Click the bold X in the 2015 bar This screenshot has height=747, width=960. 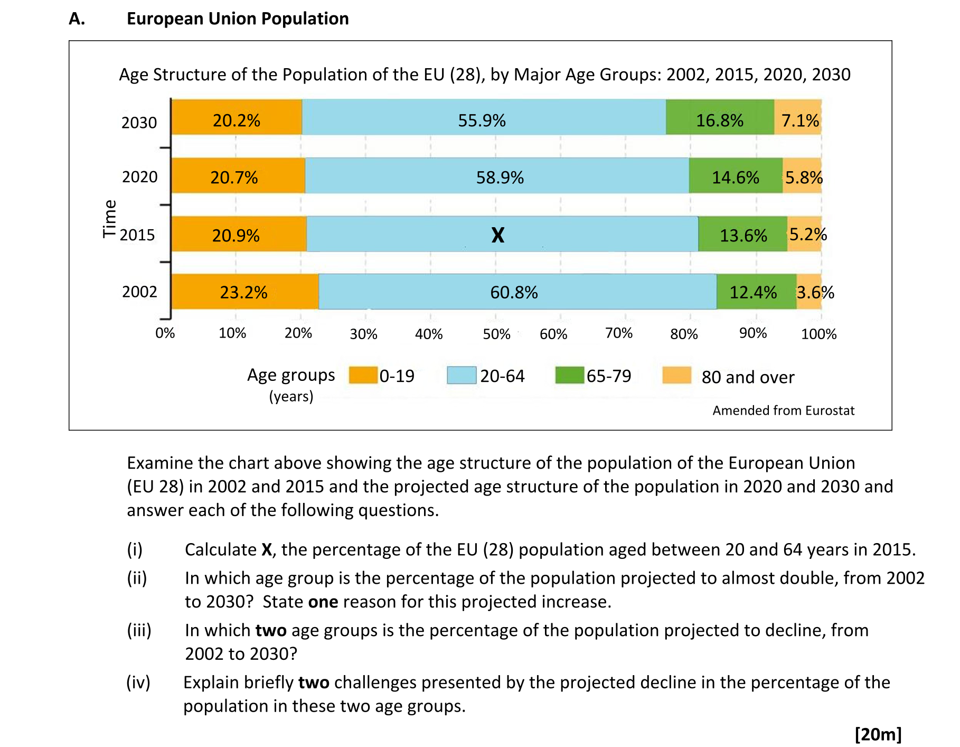(x=497, y=235)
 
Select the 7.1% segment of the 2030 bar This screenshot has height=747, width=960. (x=798, y=120)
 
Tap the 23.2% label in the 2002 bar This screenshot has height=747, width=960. (x=243, y=292)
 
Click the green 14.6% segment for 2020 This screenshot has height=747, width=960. (x=735, y=177)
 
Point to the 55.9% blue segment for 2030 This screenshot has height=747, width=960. (x=482, y=120)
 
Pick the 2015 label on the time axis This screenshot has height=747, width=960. (x=137, y=235)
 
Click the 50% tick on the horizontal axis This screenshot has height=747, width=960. (x=496, y=334)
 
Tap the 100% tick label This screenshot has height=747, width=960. (x=818, y=334)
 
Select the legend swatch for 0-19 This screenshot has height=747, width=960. (x=363, y=375)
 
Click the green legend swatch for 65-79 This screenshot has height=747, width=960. (x=569, y=375)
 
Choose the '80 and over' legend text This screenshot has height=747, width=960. (x=748, y=377)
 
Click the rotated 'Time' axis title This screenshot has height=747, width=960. (x=109, y=219)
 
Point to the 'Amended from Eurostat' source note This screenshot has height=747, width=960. (x=783, y=410)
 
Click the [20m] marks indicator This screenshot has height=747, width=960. (x=878, y=734)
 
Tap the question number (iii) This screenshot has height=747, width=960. (x=139, y=630)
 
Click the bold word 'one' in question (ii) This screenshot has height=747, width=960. (x=323, y=602)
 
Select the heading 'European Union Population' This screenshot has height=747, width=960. (x=238, y=18)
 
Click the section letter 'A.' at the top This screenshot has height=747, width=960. (x=77, y=18)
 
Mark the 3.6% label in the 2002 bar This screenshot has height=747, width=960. (x=815, y=292)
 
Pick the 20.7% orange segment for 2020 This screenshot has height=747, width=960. (x=234, y=177)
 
